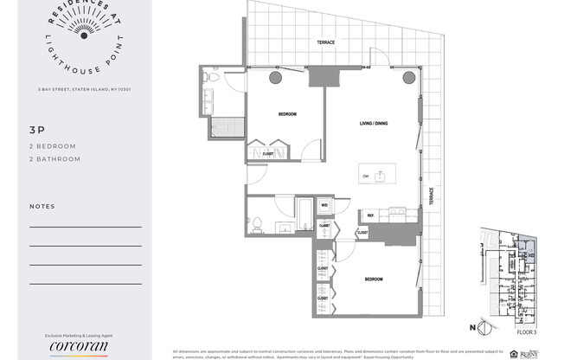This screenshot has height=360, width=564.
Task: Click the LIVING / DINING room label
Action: pos(374,124)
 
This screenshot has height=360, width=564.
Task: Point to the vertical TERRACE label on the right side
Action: pos(430,196)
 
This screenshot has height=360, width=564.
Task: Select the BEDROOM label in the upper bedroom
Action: pos(287,114)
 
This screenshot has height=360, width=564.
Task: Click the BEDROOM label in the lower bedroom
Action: pos(374,280)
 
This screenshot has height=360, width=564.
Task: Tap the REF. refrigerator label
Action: pos(370,215)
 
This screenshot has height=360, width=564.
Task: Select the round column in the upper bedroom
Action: pos(275,79)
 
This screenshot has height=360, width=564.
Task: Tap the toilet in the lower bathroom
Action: pos(257,223)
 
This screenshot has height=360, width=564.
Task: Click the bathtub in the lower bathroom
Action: pos(304,212)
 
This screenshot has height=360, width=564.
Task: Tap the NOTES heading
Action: pos(42,207)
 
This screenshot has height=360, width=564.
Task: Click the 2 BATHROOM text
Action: pos(54,159)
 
